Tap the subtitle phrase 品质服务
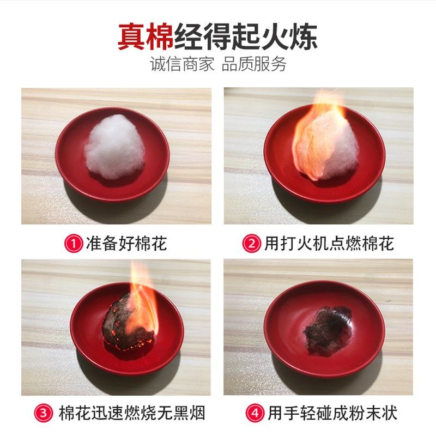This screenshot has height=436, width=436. click(x=254, y=64)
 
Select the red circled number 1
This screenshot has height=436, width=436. click(x=73, y=243)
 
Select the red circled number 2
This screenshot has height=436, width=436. click(x=251, y=243)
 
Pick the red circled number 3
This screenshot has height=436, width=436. click(x=46, y=413)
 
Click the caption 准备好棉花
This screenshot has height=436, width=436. click(x=126, y=243)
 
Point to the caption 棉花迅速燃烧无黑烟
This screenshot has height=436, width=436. click(x=131, y=413)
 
